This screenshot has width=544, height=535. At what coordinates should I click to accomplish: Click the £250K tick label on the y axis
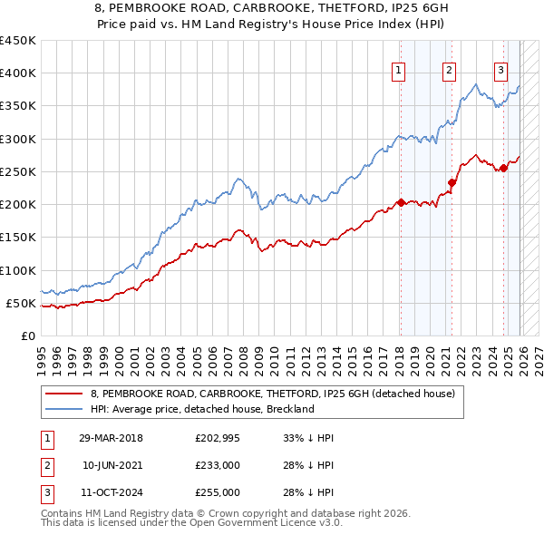17,171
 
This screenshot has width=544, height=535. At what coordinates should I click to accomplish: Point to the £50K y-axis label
21,303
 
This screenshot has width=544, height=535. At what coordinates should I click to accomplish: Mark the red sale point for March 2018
400,202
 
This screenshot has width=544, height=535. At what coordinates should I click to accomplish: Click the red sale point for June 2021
451,183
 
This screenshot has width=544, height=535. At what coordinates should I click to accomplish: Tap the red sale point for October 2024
503,168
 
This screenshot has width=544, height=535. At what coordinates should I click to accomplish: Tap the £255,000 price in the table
218,492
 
